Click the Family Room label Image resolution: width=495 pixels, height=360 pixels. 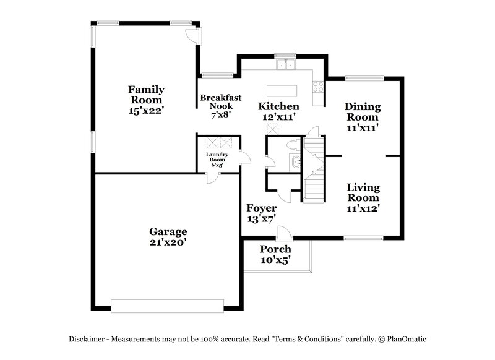146,94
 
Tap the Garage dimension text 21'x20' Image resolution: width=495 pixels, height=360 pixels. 167,242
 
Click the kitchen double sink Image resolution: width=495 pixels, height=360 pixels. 286,64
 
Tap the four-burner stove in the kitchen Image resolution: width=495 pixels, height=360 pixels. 319,87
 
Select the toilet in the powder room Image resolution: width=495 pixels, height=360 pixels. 293,146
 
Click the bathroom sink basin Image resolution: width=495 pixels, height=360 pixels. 296,163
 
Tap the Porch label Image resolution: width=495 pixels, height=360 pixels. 275,249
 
